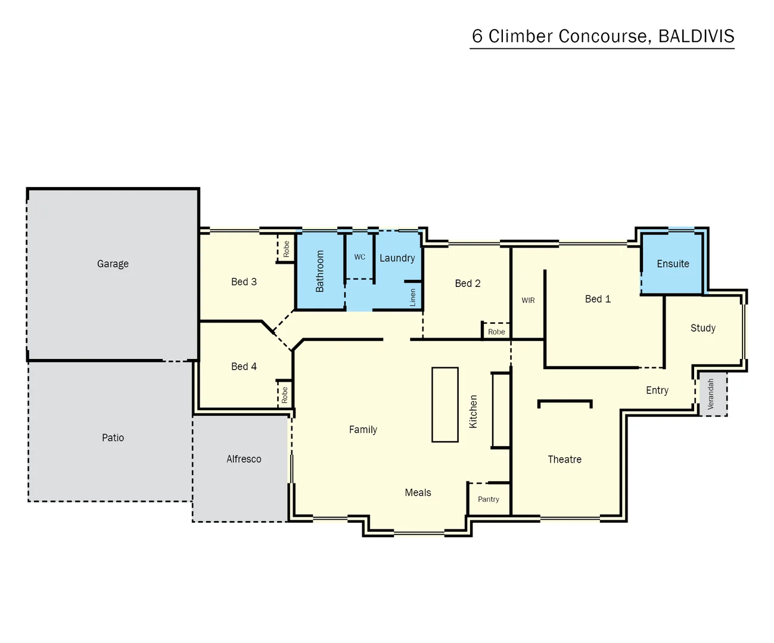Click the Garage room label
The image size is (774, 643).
point(113,264)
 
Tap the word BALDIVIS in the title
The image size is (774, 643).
point(696,36)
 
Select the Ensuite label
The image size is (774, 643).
point(673,264)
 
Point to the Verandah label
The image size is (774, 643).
point(710,394)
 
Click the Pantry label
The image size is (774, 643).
point(488,500)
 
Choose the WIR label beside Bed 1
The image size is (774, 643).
point(528,301)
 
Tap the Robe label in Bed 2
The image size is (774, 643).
point(496,332)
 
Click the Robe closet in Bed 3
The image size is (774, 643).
point(286,248)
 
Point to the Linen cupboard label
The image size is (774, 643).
point(412,298)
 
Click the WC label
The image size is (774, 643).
point(359,257)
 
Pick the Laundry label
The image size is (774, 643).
point(397,258)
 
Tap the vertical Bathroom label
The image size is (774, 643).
point(320,271)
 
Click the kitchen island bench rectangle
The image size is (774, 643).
point(444,405)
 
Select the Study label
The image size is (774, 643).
point(702,328)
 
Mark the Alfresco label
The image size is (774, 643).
point(244,459)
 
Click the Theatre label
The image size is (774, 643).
point(564,460)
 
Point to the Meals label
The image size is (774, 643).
point(418,493)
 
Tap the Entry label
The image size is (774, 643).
point(657,391)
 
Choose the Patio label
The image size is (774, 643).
point(113,438)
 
